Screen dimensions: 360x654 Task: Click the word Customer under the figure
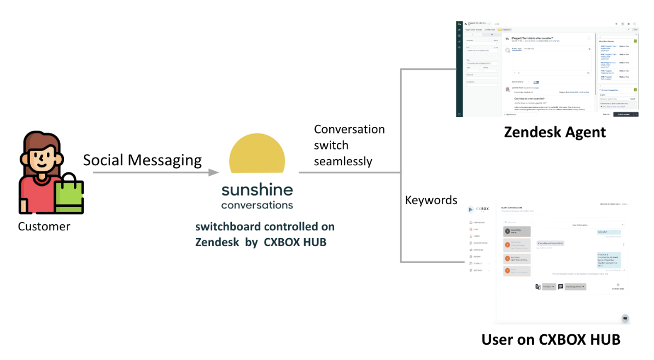[x=44, y=227]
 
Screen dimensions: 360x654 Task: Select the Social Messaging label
[x=142, y=160]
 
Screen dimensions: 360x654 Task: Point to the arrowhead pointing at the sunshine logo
[x=213, y=173]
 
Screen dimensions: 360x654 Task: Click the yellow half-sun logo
[x=257, y=155]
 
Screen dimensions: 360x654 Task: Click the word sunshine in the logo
[x=257, y=191]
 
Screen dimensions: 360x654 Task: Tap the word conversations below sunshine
[x=257, y=206]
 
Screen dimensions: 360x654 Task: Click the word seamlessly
[x=343, y=161]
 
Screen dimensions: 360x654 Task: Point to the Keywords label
[x=431, y=200]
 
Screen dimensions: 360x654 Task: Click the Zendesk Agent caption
[x=554, y=132]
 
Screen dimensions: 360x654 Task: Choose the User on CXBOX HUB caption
[x=551, y=340]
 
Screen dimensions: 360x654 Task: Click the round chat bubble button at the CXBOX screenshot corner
[x=625, y=318]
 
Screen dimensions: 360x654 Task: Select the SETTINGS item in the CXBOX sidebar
[x=478, y=270]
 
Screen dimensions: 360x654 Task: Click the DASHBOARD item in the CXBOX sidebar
[x=478, y=223]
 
